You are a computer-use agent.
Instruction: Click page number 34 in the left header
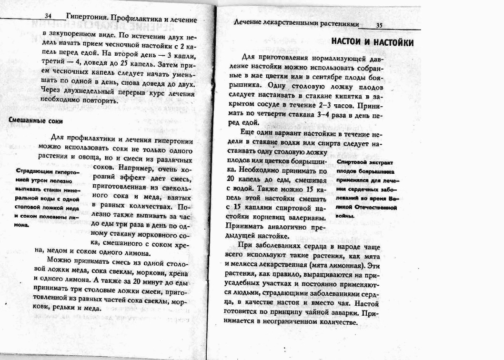pos(48,16)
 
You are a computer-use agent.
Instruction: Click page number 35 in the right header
pos(380,26)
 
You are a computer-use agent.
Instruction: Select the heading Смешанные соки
pos(36,121)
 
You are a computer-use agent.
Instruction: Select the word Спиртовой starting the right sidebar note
pos(353,162)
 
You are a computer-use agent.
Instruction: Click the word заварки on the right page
pos(340,313)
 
